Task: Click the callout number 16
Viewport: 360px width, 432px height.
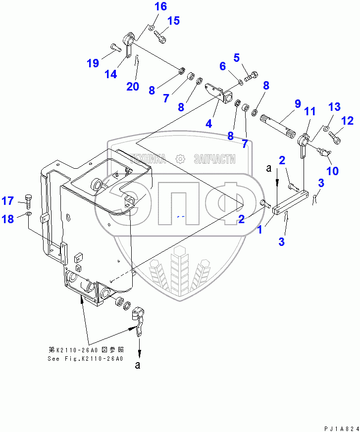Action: click(147, 6)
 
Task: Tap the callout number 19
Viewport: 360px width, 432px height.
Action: click(93, 63)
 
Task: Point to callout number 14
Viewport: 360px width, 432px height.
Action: click(111, 74)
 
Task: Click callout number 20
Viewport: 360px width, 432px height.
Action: click(132, 86)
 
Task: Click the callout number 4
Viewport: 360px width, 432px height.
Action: click(208, 123)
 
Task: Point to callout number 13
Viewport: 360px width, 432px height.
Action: click(335, 107)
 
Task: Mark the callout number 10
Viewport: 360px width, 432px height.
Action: click(332, 171)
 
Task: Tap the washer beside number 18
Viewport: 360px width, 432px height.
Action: click(29, 214)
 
